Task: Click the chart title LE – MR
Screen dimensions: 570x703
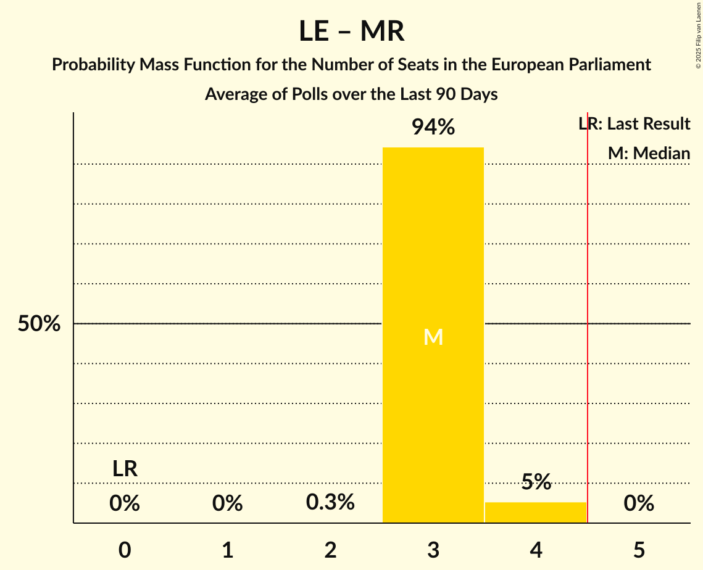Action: (x=351, y=31)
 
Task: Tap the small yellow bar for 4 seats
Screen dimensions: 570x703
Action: (x=535, y=513)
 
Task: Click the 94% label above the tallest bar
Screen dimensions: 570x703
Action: (x=433, y=128)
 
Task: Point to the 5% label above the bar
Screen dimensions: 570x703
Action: (x=535, y=482)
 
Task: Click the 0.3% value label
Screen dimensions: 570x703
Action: (x=330, y=502)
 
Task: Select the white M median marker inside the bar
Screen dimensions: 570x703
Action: (x=433, y=337)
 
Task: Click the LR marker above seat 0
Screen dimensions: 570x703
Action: (x=125, y=469)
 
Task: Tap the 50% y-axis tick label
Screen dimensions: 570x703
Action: (x=39, y=324)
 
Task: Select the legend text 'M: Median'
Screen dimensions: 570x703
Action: (x=649, y=153)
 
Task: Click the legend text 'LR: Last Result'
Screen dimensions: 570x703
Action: (x=634, y=124)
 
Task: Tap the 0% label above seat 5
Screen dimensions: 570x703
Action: (x=638, y=503)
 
